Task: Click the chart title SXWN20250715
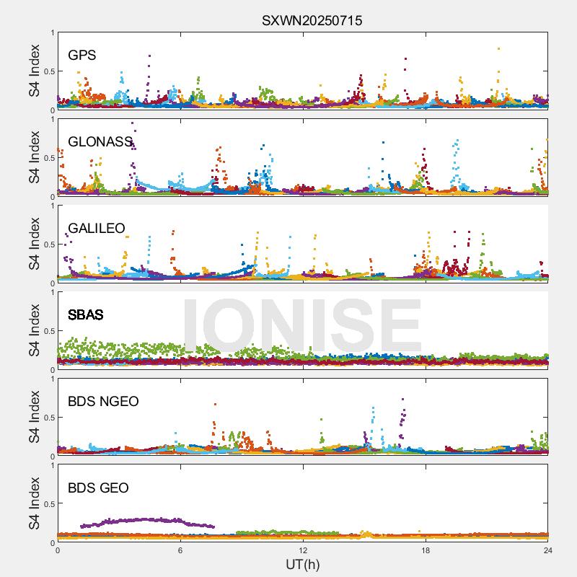tap(312, 20)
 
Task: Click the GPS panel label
tap(82, 55)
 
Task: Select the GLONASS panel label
tap(100, 141)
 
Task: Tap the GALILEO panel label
tap(97, 228)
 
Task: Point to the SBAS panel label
tap(86, 314)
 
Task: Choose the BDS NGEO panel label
tap(103, 401)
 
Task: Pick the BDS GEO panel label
tap(98, 488)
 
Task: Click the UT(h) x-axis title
tap(302, 565)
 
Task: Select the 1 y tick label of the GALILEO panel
tap(51, 206)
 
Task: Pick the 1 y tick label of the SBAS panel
tap(51, 293)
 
